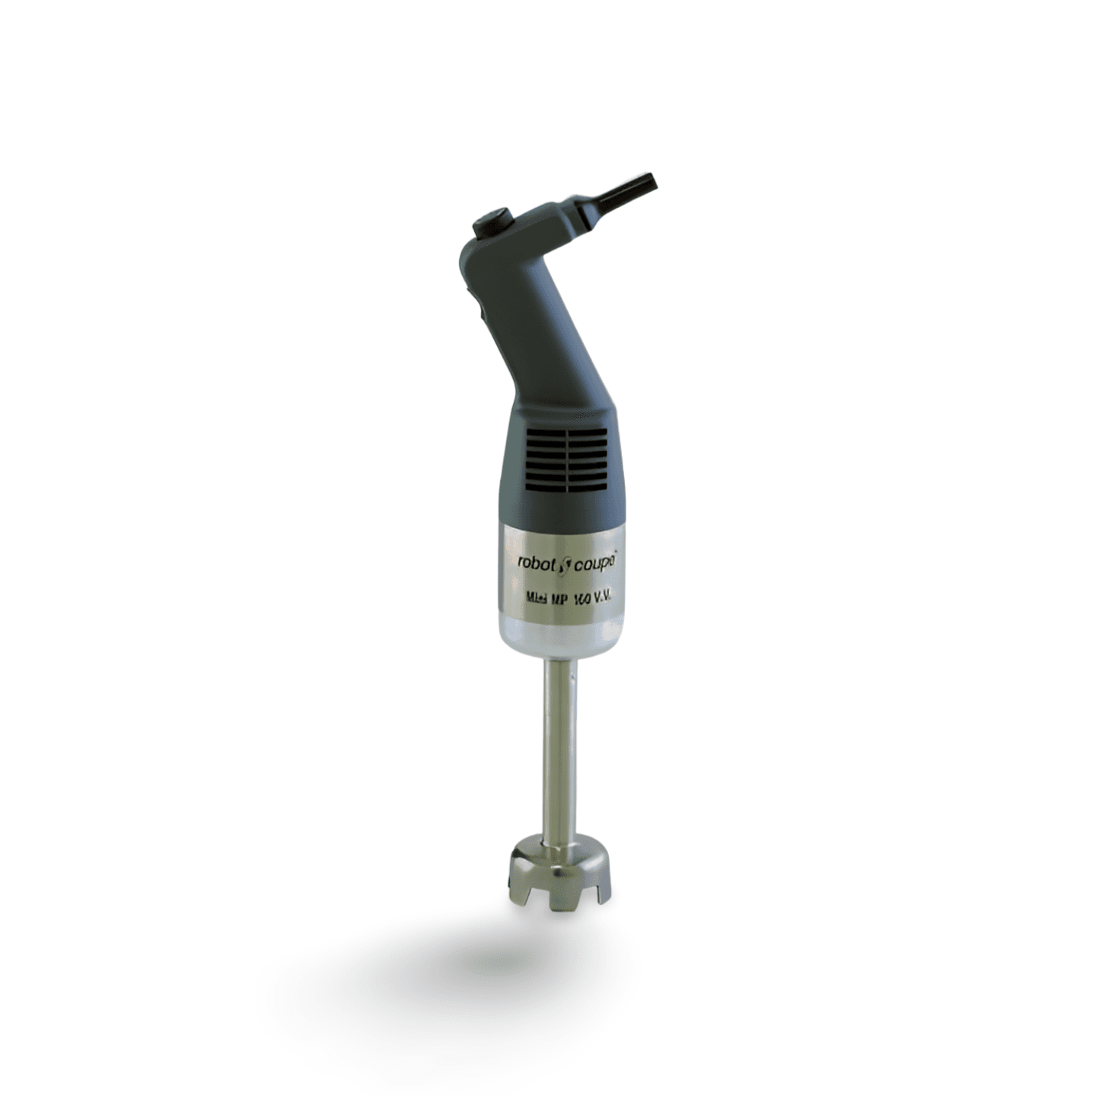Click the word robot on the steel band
tap(537, 562)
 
